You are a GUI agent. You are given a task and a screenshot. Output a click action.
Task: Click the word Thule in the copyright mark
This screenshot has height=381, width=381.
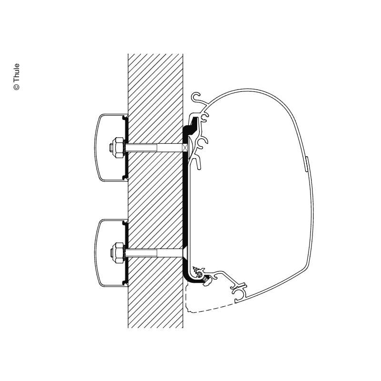coord(16,74)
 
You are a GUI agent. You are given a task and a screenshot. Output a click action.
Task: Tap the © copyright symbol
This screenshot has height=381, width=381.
coord(17,87)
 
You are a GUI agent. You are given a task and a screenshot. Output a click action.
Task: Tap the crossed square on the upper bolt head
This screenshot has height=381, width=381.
coord(185,148)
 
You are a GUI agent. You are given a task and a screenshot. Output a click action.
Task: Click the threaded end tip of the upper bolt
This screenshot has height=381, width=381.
coord(111,148)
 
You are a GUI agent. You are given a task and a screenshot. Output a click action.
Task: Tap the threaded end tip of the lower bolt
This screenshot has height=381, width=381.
coord(111,253)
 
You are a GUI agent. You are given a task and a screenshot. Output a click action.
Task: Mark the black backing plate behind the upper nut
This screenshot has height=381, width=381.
coord(126,148)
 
